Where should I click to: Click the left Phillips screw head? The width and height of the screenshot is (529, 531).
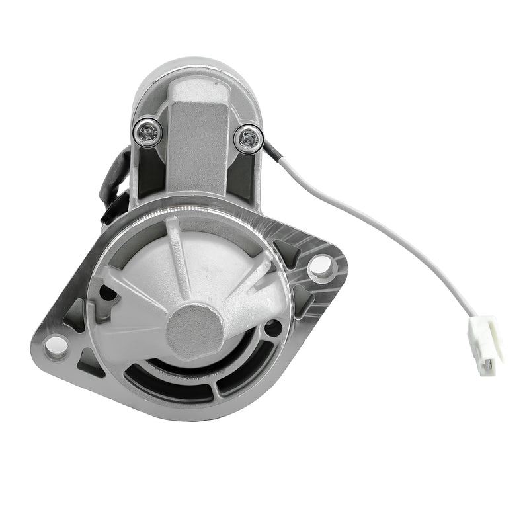coord(147,134)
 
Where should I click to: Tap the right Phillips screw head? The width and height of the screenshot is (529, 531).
coord(248,138)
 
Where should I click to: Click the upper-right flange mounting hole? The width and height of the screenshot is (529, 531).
coord(319,265)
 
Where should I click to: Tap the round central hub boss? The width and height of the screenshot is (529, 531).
coord(195,329)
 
